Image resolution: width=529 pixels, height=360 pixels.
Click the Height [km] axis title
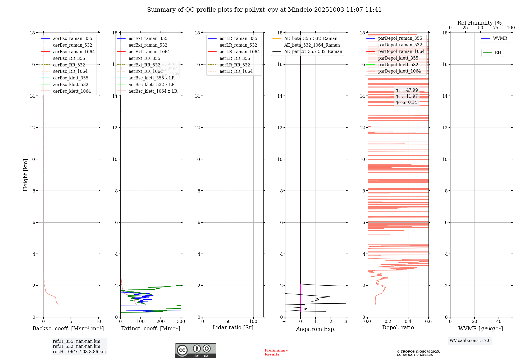pyautogui.click(x=25, y=175)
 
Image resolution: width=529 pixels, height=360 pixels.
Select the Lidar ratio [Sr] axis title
pyautogui.click(x=233, y=327)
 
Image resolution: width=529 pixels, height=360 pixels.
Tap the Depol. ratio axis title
pyautogui.click(x=398, y=327)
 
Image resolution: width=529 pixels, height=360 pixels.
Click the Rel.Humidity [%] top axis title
pyautogui.click(x=480, y=23)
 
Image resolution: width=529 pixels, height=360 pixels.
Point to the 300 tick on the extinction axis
pyautogui.click(x=181, y=321)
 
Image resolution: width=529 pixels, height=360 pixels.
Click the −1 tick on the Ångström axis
pyautogui.click(x=285, y=321)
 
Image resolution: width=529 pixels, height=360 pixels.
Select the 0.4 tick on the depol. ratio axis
pyautogui.click(x=408, y=321)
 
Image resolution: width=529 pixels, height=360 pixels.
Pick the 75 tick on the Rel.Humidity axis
pyautogui.click(x=496, y=28)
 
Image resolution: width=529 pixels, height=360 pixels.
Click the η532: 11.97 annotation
pyautogui.click(x=407, y=96)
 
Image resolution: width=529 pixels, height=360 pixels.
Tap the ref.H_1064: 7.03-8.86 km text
pyautogui.click(x=79, y=352)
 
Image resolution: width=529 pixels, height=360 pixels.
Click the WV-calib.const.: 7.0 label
pyautogui.click(x=470, y=341)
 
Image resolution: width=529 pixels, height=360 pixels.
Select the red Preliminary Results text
pyautogui.click(x=276, y=352)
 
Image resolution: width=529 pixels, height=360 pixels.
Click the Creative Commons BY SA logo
pyautogui.click(x=195, y=350)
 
